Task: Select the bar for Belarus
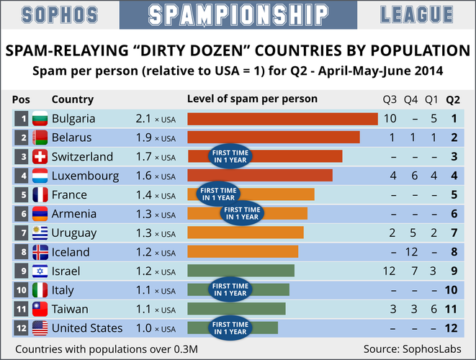(x=273, y=138)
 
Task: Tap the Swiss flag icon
(x=40, y=157)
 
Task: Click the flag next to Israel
(x=40, y=271)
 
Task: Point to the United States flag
(x=40, y=328)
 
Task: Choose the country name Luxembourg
(x=85, y=176)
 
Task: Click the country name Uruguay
(x=74, y=233)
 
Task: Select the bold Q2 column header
(x=454, y=99)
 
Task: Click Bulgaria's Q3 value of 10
(x=390, y=119)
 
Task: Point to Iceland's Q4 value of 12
(x=412, y=252)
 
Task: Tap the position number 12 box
(x=22, y=328)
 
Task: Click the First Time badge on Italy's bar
(x=229, y=290)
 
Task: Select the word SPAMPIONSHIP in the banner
(x=238, y=14)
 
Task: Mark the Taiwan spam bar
(x=236, y=309)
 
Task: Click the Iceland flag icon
(x=40, y=252)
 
